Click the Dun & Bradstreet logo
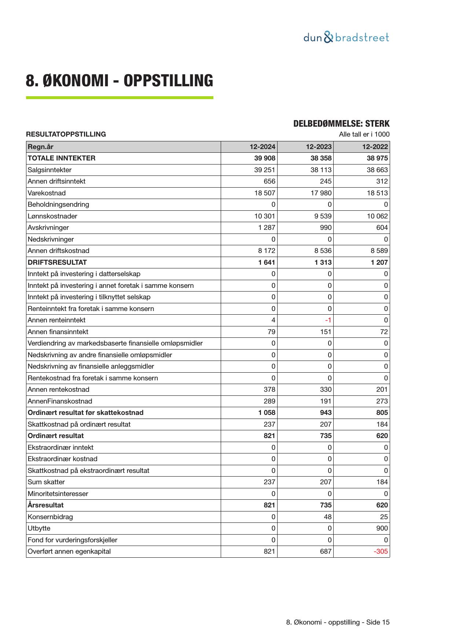point(346,37)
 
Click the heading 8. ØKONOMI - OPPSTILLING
point(119,81)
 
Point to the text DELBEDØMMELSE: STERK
point(341,124)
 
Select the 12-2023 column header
point(319,147)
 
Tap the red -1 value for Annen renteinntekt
point(328,320)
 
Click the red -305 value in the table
point(381,551)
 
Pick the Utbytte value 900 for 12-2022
point(381,528)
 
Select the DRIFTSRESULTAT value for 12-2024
point(267,263)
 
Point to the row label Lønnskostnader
point(52,216)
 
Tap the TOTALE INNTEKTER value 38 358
point(321,158)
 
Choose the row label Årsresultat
point(45,505)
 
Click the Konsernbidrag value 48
point(327,517)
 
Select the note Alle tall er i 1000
point(364,134)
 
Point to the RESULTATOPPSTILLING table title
point(66,134)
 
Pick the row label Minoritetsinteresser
point(58,494)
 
